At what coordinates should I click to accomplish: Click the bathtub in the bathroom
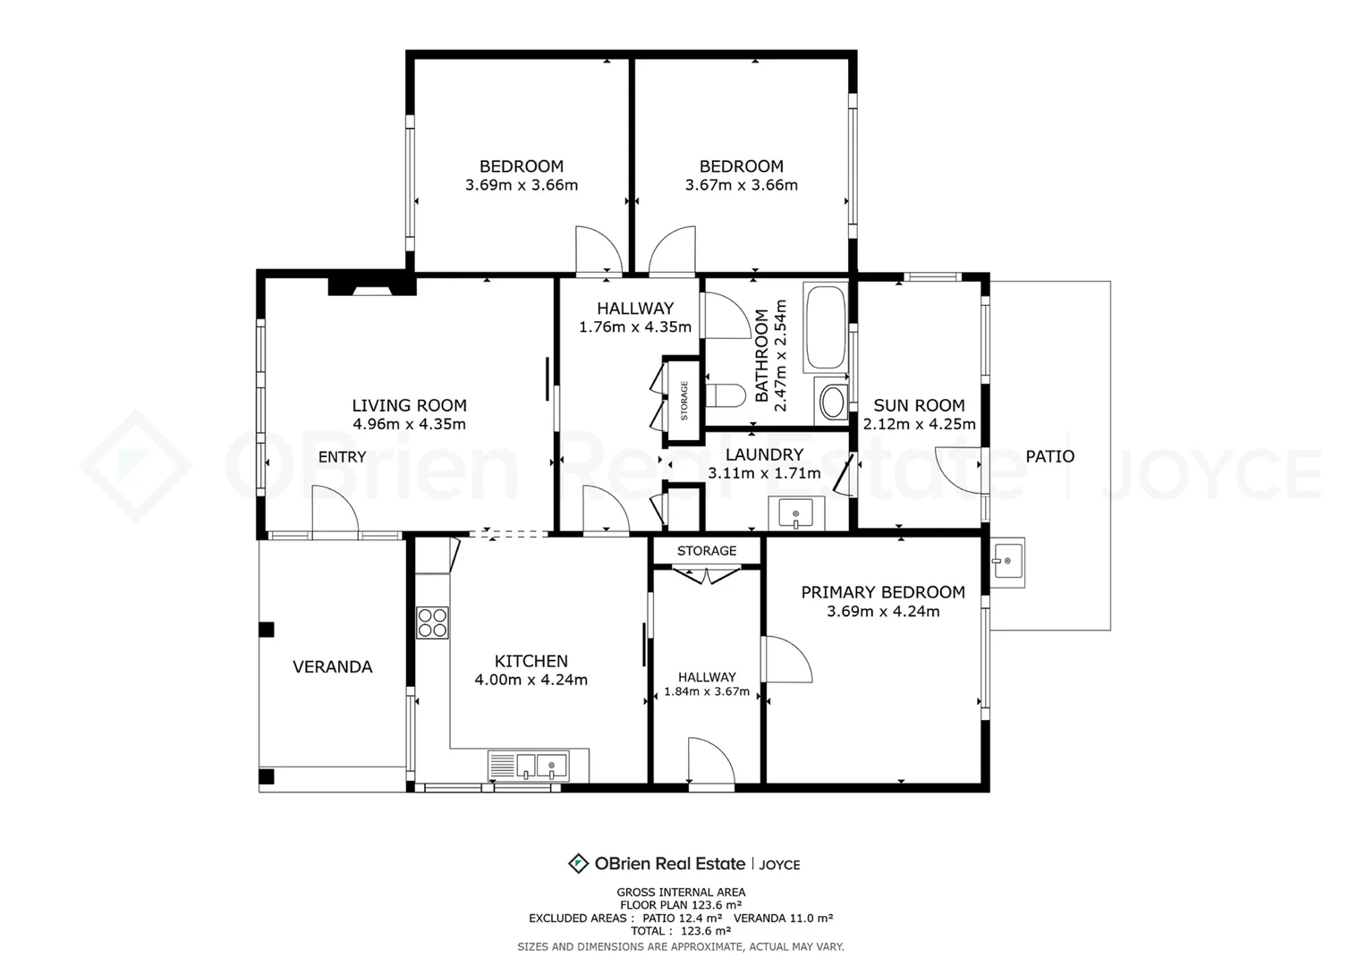826,327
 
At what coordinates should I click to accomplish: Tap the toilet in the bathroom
726,394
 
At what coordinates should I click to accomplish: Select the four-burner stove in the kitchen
432,623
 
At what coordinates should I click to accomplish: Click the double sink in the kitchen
529,766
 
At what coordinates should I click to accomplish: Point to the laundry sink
796,513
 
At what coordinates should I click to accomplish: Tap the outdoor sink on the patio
1006,562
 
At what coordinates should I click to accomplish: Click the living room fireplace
372,286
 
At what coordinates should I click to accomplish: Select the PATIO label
1049,456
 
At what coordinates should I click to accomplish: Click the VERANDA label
333,667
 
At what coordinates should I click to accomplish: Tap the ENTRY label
343,457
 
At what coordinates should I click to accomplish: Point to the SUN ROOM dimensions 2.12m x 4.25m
919,424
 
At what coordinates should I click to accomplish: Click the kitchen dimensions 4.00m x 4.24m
531,680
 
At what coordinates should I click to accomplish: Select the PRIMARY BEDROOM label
883,592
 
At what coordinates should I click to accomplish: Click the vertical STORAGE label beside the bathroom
684,401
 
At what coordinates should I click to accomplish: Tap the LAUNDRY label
764,454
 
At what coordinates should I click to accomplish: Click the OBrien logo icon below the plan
578,863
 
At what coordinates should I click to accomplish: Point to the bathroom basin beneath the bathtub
832,402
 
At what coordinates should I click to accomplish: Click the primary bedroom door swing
786,659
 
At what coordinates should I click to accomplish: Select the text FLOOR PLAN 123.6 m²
681,905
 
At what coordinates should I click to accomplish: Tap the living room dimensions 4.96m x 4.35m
409,424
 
